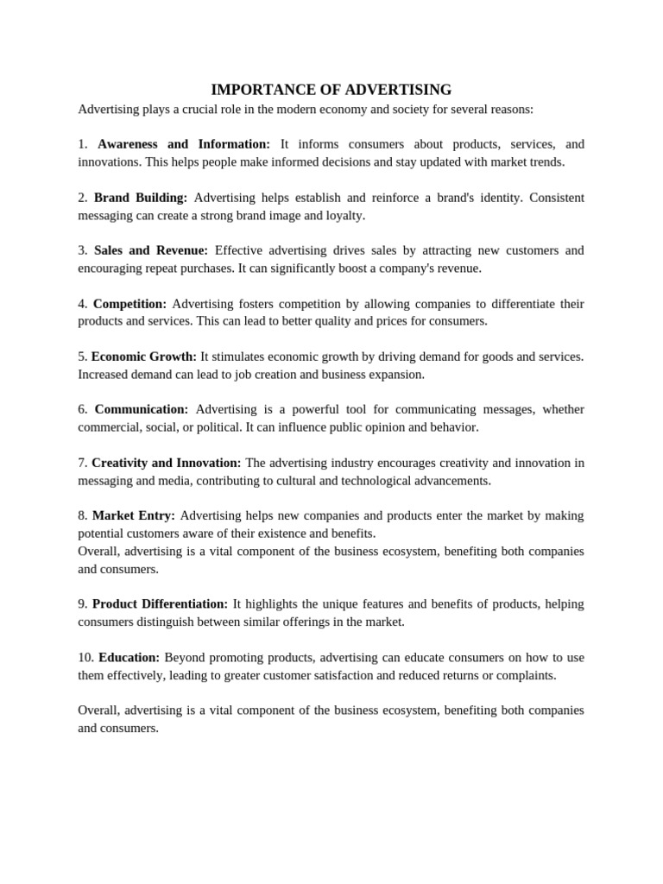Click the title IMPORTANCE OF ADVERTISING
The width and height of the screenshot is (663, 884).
point(331,90)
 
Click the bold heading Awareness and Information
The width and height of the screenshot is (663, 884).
point(184,144)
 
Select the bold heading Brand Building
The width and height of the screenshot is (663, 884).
point(141,198)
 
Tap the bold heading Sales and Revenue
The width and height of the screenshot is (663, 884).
point(151,250)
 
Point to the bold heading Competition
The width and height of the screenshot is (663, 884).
point(129,304)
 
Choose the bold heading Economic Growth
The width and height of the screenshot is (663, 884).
point(144,357)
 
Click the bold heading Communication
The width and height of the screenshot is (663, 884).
point(142,409)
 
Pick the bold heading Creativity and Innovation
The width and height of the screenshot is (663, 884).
point(167,463)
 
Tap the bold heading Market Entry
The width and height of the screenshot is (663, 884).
point(134,515)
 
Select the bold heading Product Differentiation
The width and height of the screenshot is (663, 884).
point(161,603)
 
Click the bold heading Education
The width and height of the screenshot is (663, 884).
point(129,657)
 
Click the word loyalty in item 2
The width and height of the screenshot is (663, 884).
point(344,216)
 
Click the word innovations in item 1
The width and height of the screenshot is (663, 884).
point(109,162)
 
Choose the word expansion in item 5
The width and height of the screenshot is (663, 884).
point(395,375)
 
